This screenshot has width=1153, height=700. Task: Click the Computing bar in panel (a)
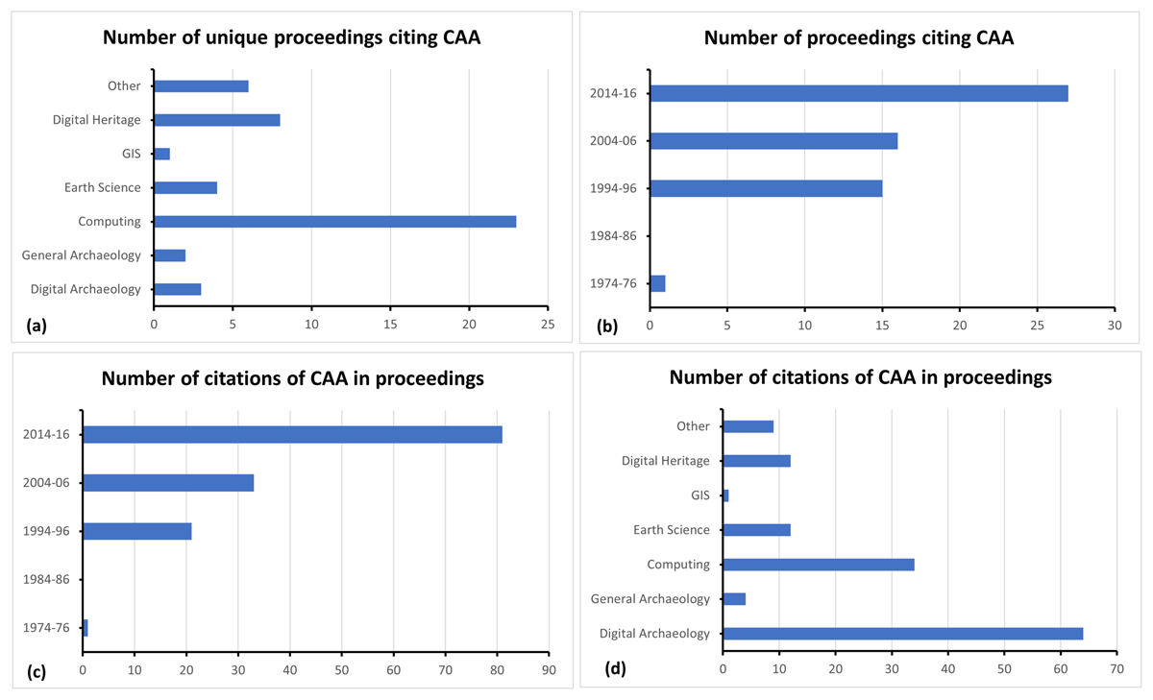click(x=334, y=222)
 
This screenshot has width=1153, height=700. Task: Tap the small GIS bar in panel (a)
click(x=161, y=154)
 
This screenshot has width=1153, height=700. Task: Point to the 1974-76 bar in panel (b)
click(x=657, y=283)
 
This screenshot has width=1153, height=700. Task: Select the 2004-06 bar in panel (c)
click(x=168, y=483)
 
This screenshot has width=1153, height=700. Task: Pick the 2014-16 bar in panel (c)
click(x=292, y=435)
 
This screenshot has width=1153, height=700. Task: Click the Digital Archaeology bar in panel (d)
click(x=902, y=634)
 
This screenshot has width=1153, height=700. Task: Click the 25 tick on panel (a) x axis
click(x=547, y=326)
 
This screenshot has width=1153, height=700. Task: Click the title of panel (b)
click(x=858, y=38)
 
